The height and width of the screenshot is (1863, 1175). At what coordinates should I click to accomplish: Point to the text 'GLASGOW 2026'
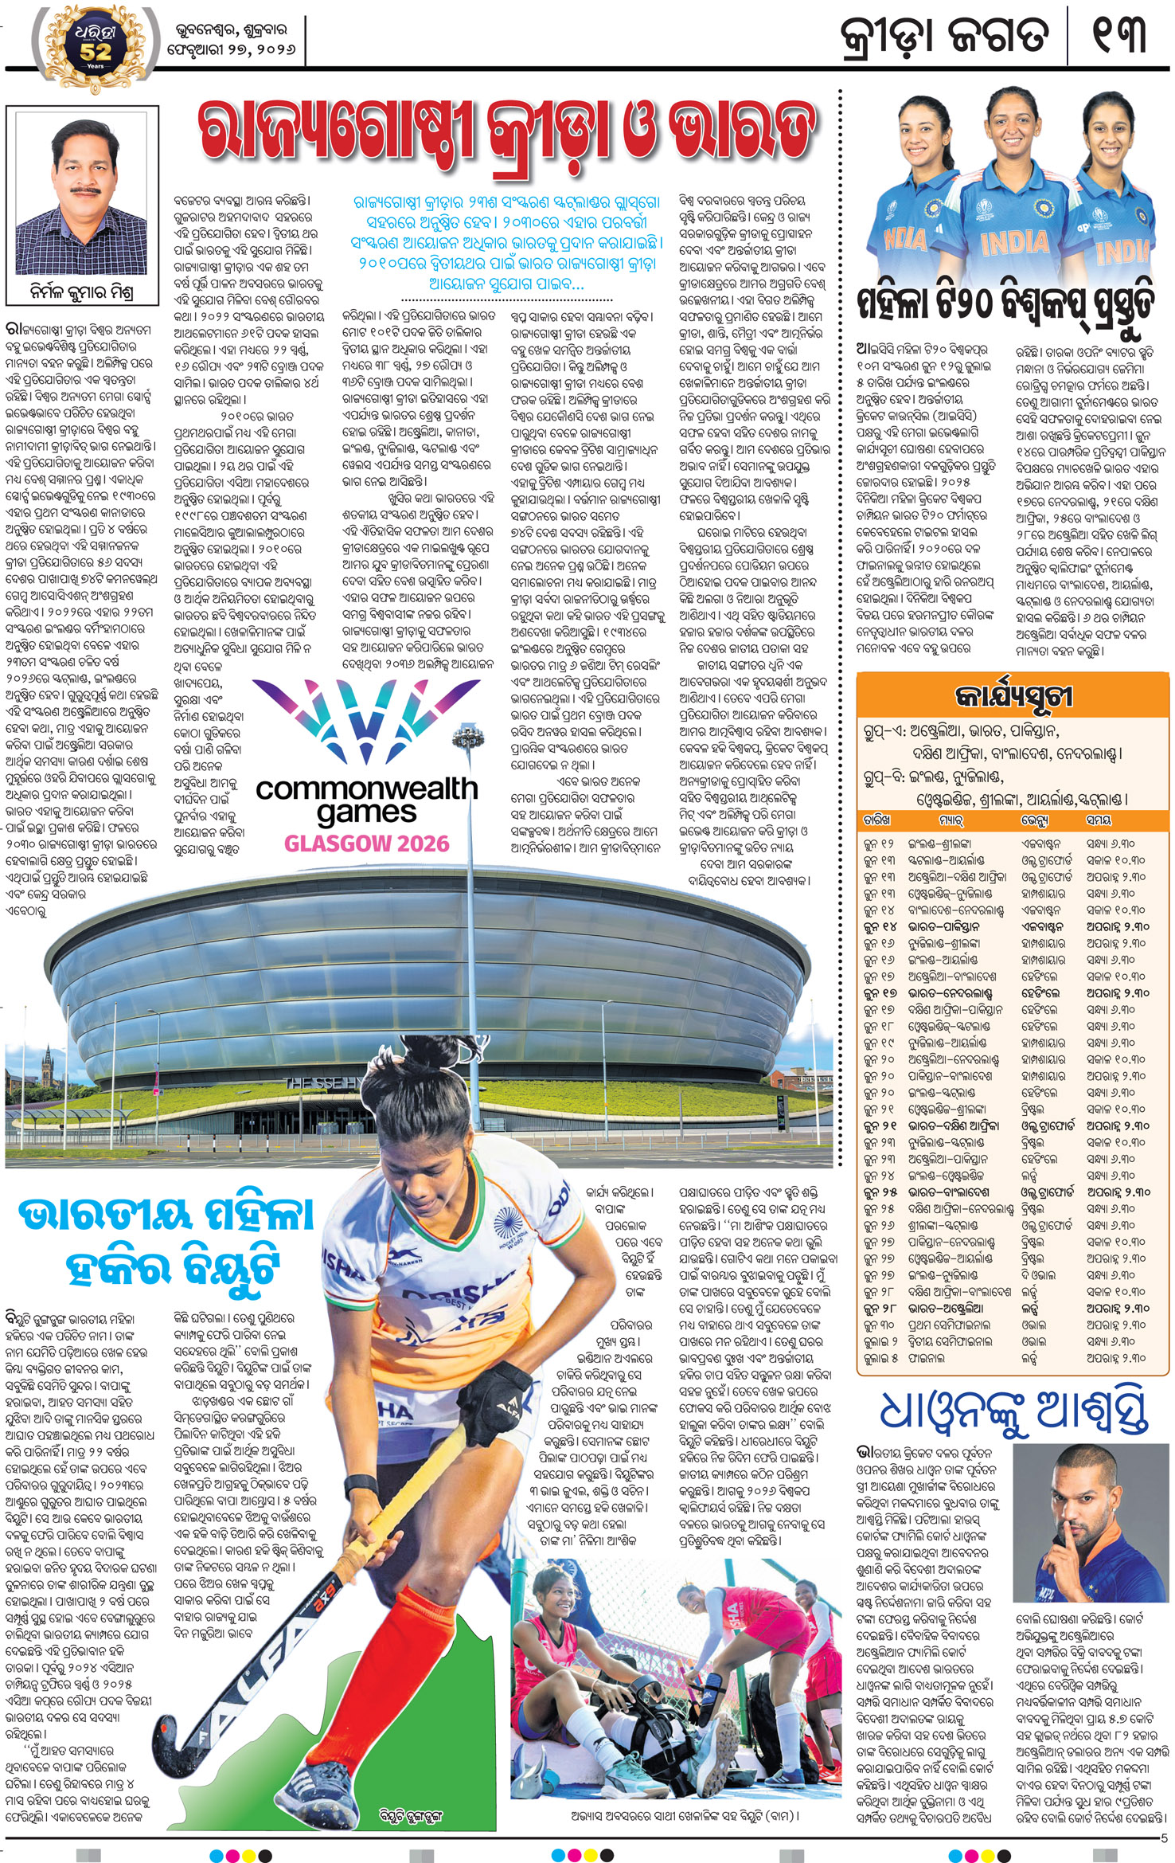click(367, 843)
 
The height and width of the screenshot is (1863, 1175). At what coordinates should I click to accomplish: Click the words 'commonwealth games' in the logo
click(367, 800)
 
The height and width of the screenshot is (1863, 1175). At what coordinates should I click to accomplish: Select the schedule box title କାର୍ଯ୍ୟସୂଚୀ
click(1013, 697)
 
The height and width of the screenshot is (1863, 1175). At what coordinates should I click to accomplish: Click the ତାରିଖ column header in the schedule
click(876, 820)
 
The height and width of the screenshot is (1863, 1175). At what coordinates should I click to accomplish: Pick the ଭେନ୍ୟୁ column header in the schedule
click(1034, 820)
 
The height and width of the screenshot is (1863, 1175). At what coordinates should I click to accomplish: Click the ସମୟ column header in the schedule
click(1099, 820)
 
